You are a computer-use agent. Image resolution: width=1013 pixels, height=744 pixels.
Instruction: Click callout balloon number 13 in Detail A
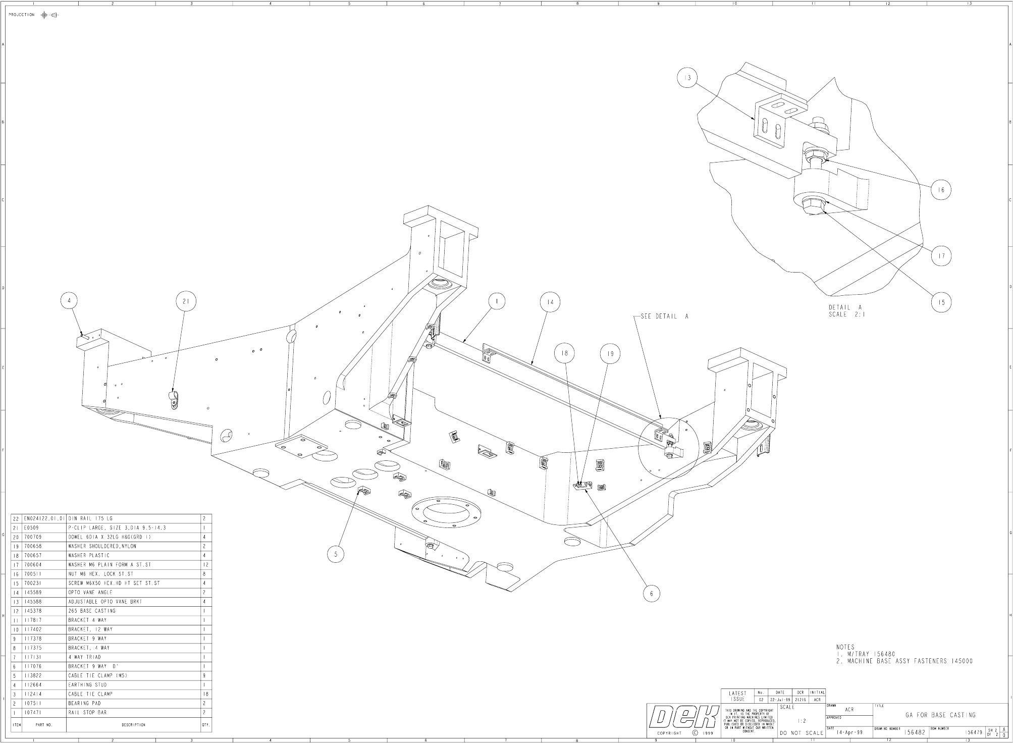[687, 78]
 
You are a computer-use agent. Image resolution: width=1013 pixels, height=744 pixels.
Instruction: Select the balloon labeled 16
[941, 190]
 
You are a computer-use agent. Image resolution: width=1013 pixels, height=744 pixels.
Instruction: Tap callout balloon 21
[186, 302]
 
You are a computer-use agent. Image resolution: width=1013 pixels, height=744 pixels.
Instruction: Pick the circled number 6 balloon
[652, 594]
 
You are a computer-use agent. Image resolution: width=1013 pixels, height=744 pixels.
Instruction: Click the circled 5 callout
[336, 554]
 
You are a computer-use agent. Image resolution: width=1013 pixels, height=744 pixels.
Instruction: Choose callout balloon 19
[610, 354]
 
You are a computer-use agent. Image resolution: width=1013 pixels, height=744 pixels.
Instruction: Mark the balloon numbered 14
[550, 302]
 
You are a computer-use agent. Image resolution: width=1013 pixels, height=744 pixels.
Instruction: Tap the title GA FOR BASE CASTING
[940, 715]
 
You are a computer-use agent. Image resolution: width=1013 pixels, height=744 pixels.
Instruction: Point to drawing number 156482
[915, 732]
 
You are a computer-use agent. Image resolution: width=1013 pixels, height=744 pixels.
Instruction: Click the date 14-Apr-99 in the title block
[849, 732]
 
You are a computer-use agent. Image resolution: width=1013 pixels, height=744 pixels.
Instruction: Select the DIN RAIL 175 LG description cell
[91, 518]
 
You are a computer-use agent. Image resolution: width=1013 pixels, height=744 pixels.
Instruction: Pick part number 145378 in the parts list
[34, 611]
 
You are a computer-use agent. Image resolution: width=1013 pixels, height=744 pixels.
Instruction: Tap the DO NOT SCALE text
[802, 733]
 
